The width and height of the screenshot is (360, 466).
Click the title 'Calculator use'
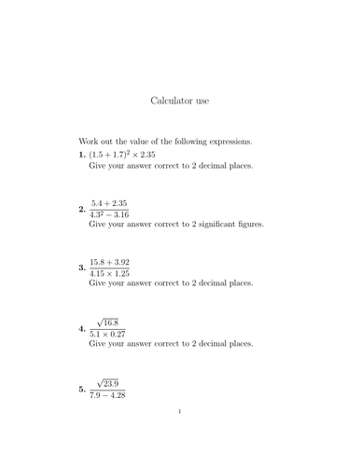tap(179, 97)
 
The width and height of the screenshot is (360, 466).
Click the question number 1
tap(82, 153)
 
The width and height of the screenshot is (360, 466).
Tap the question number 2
tap(82, 210)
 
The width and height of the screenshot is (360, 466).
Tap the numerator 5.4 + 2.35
tap(109, 202)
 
